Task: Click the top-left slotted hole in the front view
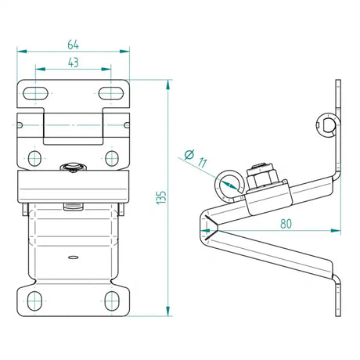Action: point(36,93)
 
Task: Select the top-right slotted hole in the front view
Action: point(110,93)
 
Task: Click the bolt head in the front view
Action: point(72,167)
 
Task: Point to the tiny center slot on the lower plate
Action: point(72,256)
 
